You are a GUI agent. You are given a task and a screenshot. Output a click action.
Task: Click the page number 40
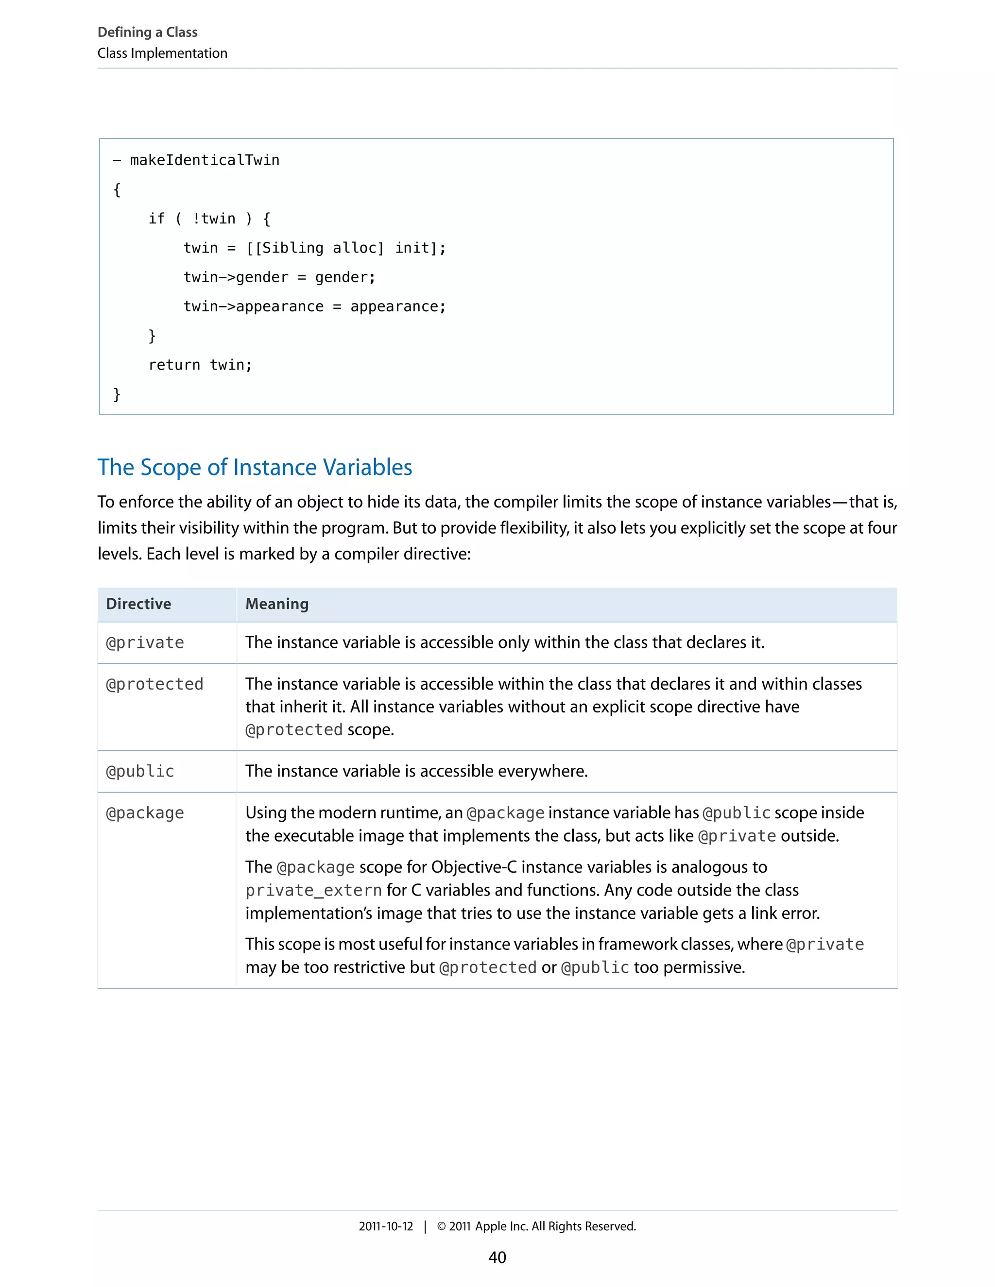497,1257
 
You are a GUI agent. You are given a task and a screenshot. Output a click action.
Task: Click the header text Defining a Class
147,32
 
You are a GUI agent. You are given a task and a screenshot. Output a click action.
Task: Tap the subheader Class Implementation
162,53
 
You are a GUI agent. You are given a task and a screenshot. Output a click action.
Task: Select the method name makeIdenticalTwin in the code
205,160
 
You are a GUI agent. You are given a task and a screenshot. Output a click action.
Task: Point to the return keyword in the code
174,365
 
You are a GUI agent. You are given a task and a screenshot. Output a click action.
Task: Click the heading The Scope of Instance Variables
255,467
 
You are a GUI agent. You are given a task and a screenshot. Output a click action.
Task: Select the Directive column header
138,604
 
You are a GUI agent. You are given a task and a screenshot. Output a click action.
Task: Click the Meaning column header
277,604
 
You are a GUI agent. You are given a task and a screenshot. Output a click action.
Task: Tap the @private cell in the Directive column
145,643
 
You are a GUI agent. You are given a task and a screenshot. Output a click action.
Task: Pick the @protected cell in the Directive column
154,684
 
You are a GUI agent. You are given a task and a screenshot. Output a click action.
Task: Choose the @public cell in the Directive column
140,771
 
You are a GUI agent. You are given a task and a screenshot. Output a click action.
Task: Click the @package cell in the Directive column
145,813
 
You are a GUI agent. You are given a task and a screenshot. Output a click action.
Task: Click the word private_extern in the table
313,890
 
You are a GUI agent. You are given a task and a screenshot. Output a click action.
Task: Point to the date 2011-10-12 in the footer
386,1226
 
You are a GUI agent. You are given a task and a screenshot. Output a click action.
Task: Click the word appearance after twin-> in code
279,306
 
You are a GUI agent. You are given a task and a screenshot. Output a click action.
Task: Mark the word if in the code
156,219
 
